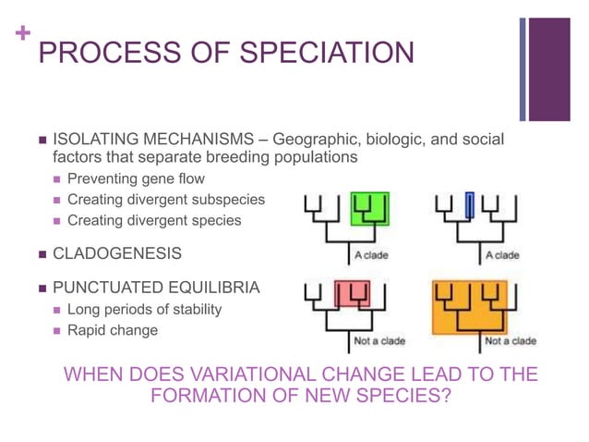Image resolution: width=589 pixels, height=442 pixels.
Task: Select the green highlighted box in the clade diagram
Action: tap(369, 208)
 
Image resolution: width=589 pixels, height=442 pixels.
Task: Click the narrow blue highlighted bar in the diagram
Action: tap(470, 206)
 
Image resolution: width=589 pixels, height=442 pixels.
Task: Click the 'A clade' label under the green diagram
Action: tap(371, 255)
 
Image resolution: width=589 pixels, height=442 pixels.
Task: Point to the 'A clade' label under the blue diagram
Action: tap(502, 255)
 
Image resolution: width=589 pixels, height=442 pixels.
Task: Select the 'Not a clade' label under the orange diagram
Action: tap(510, 341)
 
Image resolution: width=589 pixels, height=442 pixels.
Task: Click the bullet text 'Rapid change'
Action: tap(113, 330)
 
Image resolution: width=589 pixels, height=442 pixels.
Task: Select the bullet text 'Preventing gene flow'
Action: tap(136, 178)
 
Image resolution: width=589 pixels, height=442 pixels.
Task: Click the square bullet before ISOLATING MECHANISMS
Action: tap(40, 140)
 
